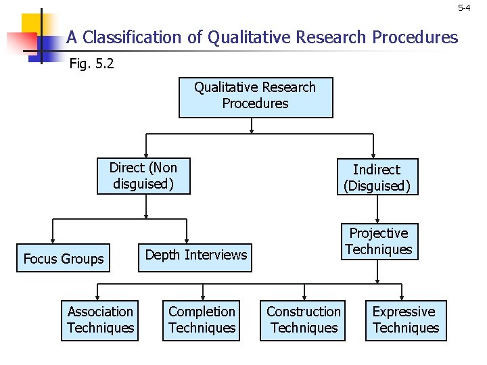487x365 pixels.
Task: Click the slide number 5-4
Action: click(463, 8)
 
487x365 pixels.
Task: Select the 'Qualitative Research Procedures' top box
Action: click(255, 97)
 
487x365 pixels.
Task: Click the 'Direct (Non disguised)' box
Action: click(143, 176)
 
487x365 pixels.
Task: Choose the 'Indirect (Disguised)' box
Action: click(377, 177)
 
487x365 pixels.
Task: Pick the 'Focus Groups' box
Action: click(64, 259)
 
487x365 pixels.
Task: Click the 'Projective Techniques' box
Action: click(378, 241)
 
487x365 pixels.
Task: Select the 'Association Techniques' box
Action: click(100, 320)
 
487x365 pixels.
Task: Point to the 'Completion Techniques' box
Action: click(202, 320)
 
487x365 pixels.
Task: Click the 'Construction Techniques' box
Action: click(304, 320)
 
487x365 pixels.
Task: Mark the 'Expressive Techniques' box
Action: click(406, 320)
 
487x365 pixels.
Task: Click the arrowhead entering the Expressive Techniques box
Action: click(403, 297)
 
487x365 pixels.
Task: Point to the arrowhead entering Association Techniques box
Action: click(98, 297)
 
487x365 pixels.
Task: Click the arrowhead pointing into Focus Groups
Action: click(53, 242)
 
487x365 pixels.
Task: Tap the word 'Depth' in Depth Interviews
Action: click(163, 255)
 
